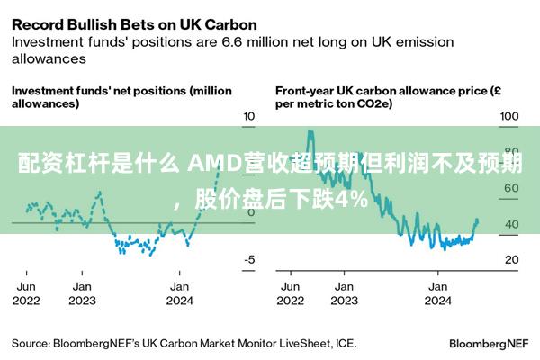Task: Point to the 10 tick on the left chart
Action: point(249,116)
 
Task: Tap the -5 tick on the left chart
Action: point(249,259)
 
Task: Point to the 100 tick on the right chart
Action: point(509,116)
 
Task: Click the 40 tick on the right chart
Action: point(509,224)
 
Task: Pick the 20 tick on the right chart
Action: point(509,259)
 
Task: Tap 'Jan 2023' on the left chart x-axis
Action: point(82,292)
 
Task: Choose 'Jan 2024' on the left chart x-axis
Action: point(179,292)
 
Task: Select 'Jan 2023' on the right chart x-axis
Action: point(344,292)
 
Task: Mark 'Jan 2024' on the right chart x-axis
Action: point(437,292)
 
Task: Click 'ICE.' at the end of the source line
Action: point(345,343)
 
